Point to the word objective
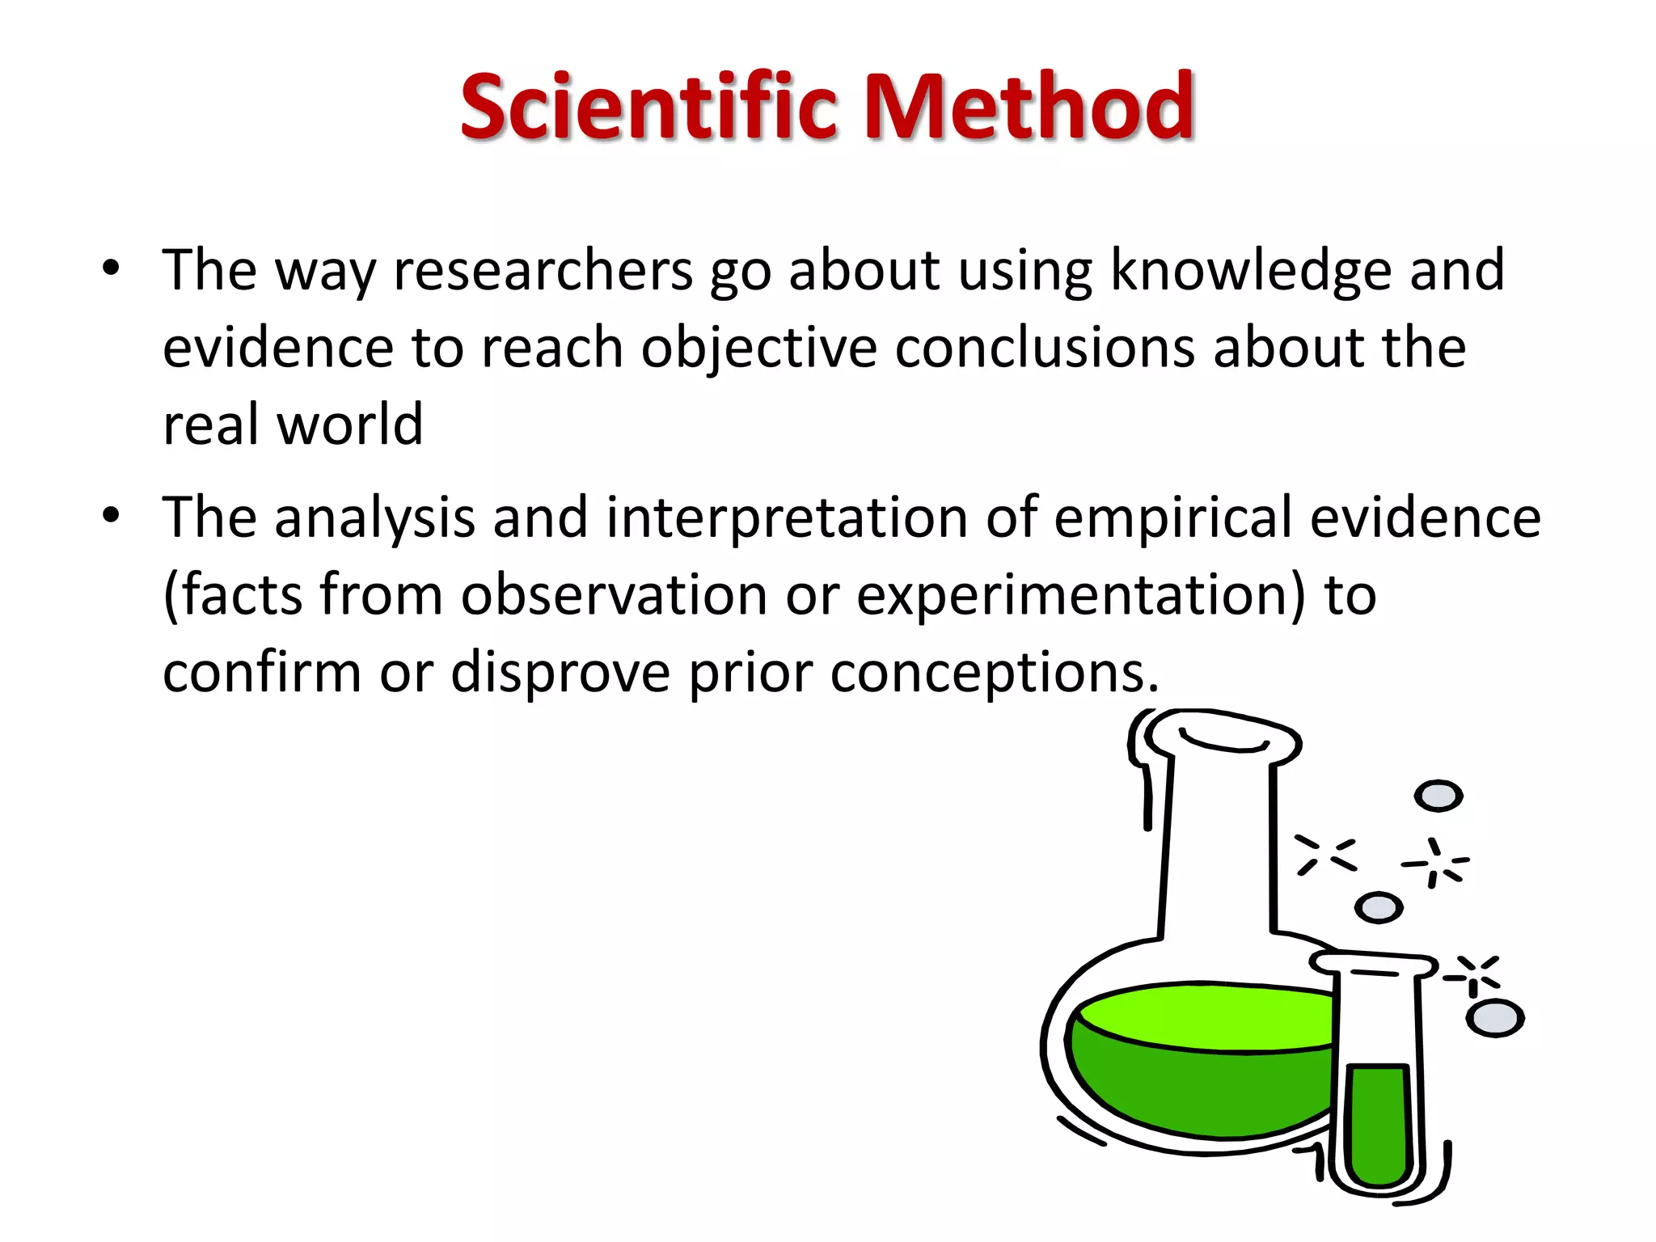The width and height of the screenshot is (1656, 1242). coord(758,349)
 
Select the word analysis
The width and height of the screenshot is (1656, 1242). coord(374,519)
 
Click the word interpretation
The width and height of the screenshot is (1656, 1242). coord(786,519)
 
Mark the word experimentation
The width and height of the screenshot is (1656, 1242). coord(1080,596)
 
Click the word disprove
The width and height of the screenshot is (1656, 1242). coord(560,673)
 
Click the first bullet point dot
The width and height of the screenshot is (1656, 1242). coord(111,268)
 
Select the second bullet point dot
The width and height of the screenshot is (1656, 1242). coord(111,516)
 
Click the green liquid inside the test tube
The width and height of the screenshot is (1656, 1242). coord(1379,1124)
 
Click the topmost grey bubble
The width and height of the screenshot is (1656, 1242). coord(1438,796)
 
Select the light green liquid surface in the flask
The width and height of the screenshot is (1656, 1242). coord(1205,1016)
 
